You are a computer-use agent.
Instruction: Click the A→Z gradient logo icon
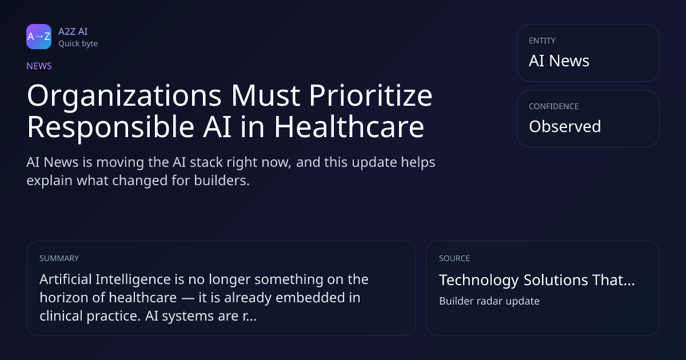(39, 37)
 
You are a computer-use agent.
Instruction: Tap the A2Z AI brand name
(73, 31)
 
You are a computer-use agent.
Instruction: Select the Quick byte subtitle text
(78, 44)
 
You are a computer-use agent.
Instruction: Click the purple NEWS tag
(39, 66)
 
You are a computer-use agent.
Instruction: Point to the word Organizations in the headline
(125, 96)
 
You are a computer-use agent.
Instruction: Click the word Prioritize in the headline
(370, 95)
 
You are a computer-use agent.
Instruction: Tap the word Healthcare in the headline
(349, 127)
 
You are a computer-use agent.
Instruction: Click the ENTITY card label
(542, 41)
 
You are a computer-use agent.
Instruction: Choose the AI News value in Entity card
(559, 61)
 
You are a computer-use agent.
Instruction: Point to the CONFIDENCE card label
(554, 106)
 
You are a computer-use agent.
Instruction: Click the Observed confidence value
(565, 126)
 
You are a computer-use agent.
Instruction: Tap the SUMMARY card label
(59, 258)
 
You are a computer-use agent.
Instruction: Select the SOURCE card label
(454, 258)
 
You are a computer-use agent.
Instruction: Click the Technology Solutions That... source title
(537, 280)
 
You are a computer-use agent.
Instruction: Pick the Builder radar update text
(489, 301)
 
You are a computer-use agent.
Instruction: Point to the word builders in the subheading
(222, 181)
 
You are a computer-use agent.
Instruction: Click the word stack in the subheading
(206, 162)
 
